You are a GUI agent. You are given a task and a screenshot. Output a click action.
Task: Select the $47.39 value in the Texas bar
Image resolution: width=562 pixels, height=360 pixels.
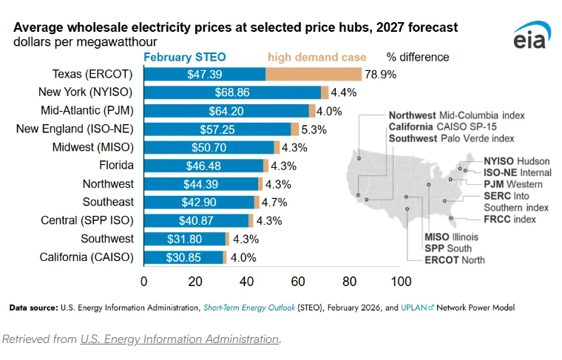click(x=204, y=75)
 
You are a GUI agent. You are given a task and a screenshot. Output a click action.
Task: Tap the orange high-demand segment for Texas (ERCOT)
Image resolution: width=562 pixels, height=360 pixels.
click(x=314, y=75)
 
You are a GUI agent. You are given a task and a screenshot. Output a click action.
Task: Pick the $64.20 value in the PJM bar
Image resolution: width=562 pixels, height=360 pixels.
click(x=226, y=111)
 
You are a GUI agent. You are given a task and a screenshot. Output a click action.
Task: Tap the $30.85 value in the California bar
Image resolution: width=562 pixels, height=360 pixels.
click(x=184, y=257)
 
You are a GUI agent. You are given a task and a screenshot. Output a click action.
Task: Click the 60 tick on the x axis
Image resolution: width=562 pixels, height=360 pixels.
click(x=298, y=282)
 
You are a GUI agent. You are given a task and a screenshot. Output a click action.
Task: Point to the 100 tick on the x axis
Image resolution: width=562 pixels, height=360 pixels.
click(x=401, y=282)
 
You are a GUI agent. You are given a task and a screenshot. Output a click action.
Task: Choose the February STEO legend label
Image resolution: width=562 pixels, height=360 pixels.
click(x=185, y=57)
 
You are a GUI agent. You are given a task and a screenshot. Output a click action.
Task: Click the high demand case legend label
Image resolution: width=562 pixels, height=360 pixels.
click(x=316, y=57)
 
